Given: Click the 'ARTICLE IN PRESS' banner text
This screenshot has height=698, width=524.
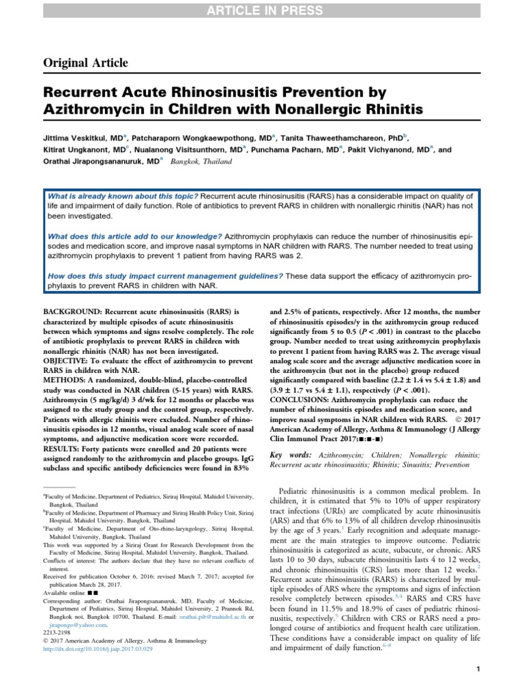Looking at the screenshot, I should coord(262,8).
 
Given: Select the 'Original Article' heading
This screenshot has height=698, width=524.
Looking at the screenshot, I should coord(86,63).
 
